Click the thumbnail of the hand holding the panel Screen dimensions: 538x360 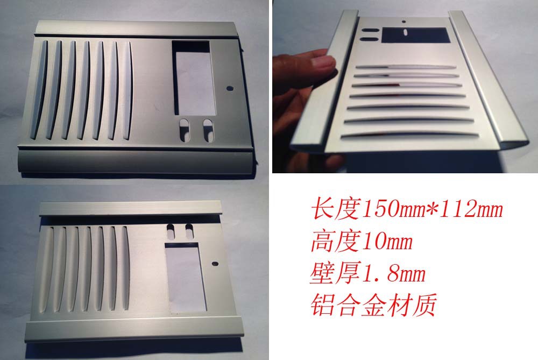point(405,86)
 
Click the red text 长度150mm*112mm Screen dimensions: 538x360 point(407,209)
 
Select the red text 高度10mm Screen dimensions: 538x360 point(362,241)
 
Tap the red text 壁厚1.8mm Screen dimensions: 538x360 point(367,273)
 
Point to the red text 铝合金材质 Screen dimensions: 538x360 point(373,305)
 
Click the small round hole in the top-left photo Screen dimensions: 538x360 point(230,88)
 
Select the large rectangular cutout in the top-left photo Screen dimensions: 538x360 point(194,78)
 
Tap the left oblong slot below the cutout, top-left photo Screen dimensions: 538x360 point(185,130)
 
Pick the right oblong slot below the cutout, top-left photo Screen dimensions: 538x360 point(208,130)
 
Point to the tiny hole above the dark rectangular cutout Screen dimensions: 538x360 point(404,22)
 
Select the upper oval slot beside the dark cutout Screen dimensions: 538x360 point(370,30)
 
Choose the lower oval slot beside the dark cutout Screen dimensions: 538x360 point(369,39)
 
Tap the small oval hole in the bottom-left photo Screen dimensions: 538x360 point(215,264)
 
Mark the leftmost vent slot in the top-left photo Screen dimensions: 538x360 point(39,90)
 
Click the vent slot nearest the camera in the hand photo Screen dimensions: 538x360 point(409,135)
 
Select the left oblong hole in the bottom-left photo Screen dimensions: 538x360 point(171,231)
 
